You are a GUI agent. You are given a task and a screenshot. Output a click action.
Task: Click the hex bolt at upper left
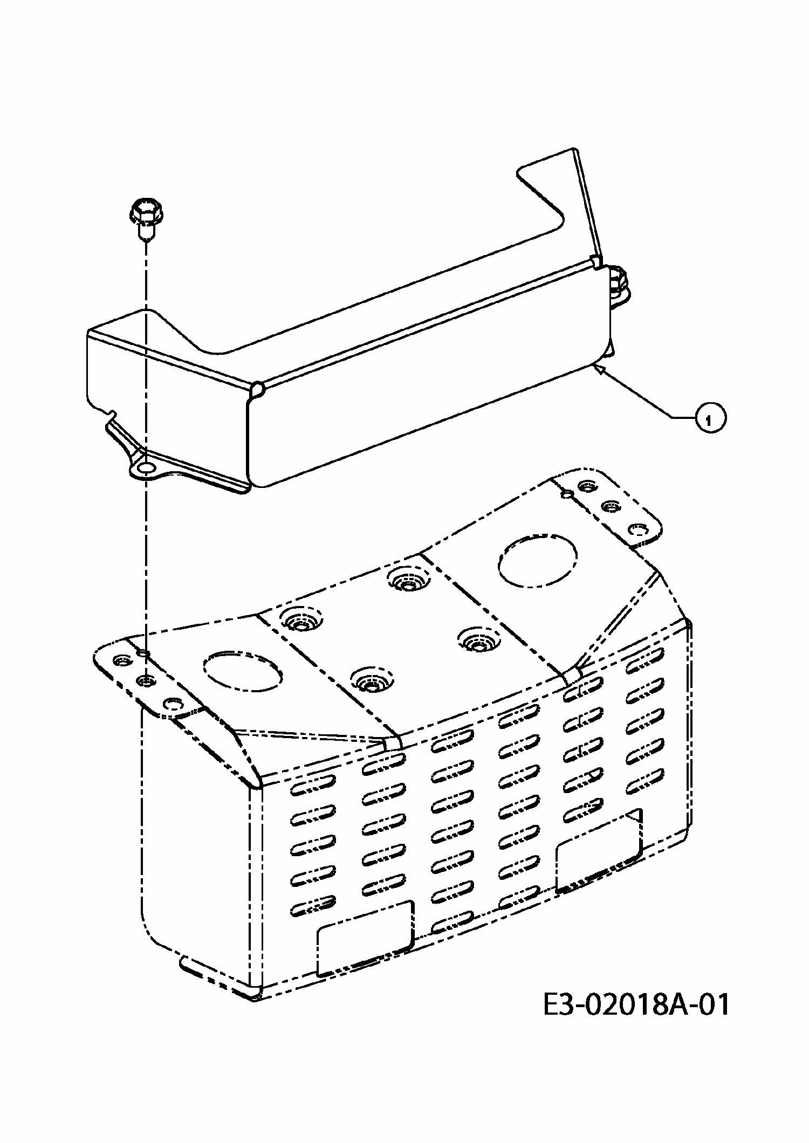point(146,219)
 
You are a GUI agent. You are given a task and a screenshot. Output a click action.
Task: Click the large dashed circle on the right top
point(537,564)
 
